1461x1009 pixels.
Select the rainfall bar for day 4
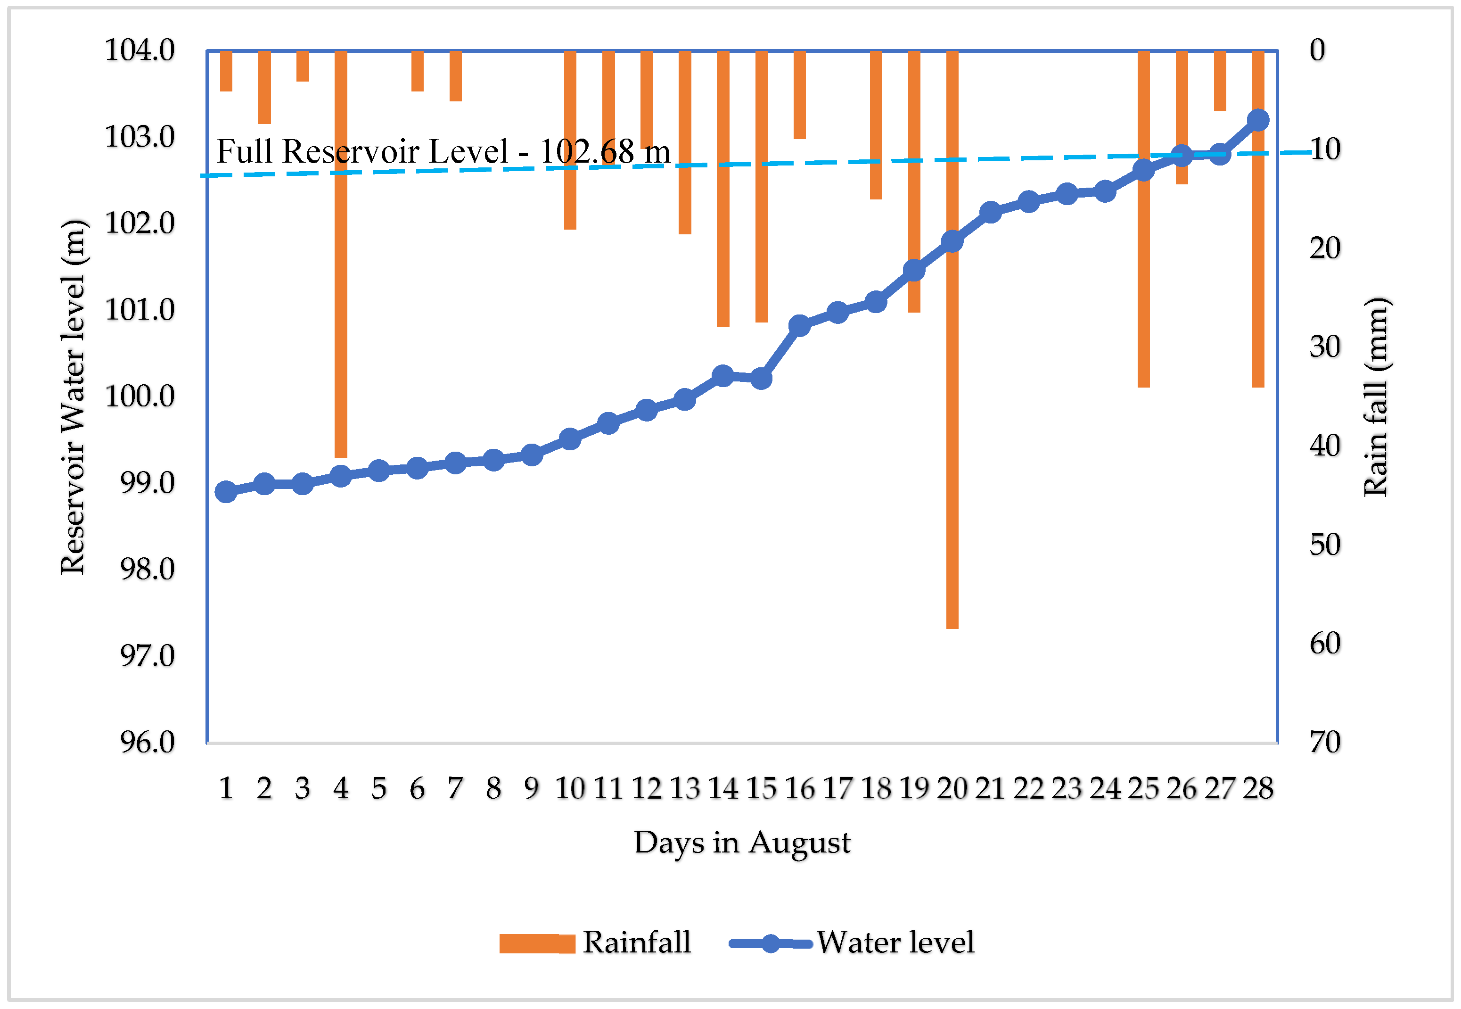point(341,284)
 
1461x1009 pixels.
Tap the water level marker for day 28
point(1258,120)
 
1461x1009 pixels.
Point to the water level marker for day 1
point(226,492)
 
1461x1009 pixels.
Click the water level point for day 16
point(799,326)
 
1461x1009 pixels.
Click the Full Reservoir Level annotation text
point(443,152)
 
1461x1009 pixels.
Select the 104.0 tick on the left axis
point(140,50)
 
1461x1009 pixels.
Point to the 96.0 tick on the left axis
point(147,742)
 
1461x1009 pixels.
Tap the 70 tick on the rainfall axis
point(1325,742)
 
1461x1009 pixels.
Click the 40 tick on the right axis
point(1325,446)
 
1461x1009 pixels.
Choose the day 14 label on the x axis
point(723,789)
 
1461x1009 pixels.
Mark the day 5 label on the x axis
point(378,789)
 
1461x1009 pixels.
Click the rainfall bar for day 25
point(1143,253)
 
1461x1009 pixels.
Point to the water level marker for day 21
point(990,213)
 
